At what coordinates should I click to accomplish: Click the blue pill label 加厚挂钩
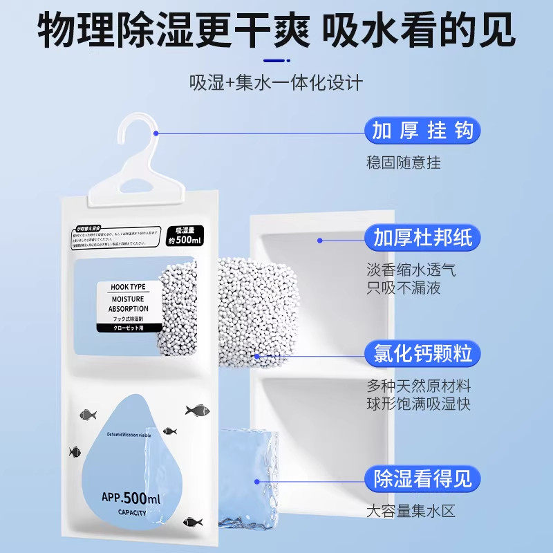(422, 130)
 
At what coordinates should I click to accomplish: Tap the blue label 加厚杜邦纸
(422, 238)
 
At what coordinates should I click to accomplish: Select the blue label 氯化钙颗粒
(422, 355)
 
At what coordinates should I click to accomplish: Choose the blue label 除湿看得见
(422, 478)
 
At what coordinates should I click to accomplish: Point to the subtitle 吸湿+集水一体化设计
(276, 83)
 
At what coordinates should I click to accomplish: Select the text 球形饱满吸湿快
(418, 404)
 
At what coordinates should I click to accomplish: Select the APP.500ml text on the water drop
(131, 497)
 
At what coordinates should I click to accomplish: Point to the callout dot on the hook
(157, 132)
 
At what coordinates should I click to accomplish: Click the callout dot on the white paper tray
(320, 240)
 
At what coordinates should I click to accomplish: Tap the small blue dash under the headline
(276, 59)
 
